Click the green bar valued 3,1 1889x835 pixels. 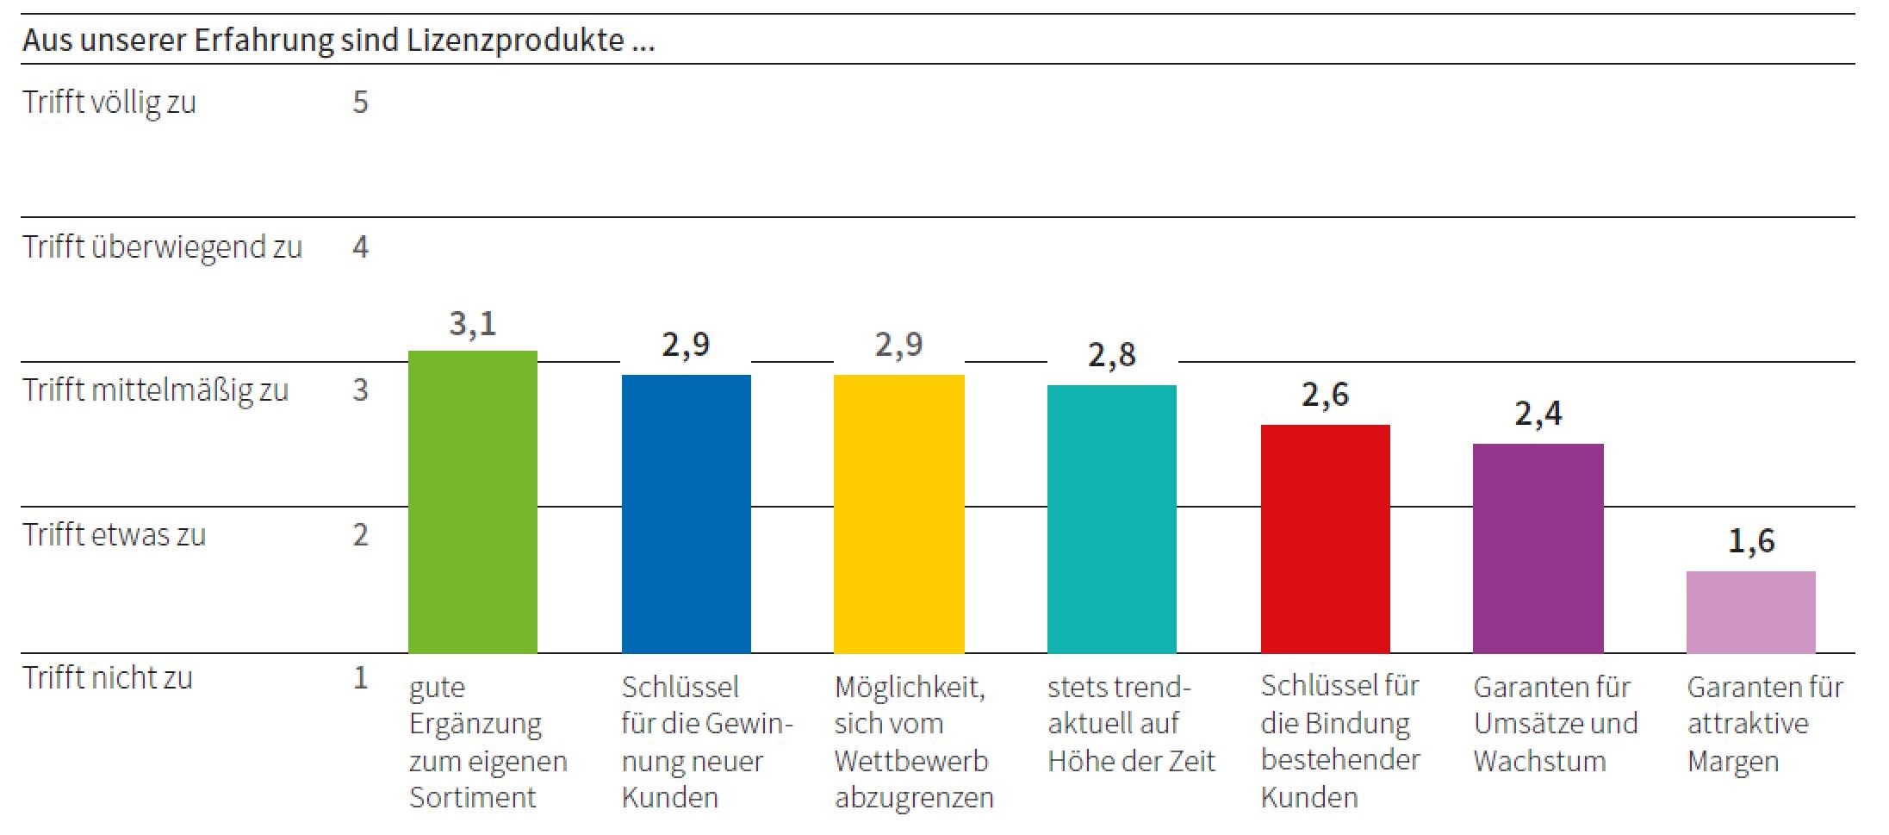click(472, 502)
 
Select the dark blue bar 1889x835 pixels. click(686, 514)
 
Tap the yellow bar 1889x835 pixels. click(898, 514)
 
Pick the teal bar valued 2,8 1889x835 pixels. click(1111, 519)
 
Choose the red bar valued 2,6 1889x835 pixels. click(1325, 539)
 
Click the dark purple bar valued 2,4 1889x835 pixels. click(1538, 548)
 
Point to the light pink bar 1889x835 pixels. click(1750, 612)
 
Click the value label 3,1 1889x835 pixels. click(472, 324)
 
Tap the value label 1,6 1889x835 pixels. click(1750, 541)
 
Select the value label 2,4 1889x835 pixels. click(1538, 414)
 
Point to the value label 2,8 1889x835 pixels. click(1111, 355)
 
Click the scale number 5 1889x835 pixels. click(360, 103)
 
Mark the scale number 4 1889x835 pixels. click(360, 247)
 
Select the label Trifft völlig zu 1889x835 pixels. click(109, 103)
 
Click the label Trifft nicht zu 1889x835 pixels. click(108, 678)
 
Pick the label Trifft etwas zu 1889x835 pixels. click(115, 535)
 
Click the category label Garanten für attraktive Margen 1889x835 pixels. click(1764, 724)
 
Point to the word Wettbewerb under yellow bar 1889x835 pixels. click(911, 761)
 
